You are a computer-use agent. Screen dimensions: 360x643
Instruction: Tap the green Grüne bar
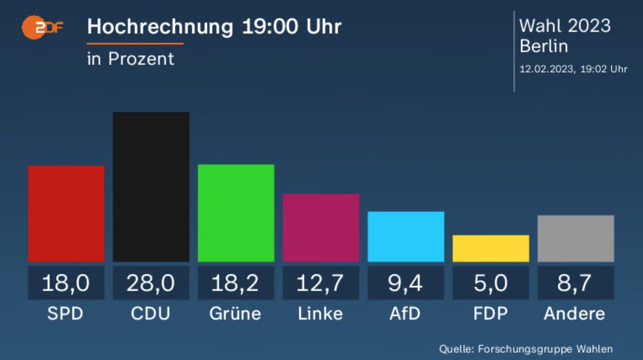(x=236, y=213)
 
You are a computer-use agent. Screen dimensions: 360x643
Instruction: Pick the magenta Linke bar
(x=320, y=228)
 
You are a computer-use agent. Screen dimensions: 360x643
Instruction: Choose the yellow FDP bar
(x=490, y=248)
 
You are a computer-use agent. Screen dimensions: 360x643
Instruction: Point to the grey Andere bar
(x=575, y=238)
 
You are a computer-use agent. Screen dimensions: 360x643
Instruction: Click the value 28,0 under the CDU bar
(x=151, y=283)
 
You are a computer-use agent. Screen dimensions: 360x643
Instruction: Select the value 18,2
(x=236, y=283)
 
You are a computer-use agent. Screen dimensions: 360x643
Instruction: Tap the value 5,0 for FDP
(x=490, y=283)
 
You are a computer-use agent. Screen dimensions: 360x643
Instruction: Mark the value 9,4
(x=406, y=283)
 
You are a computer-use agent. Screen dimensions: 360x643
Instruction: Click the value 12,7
(x=320, y=283)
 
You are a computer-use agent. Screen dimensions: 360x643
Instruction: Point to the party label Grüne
(x=235, y=313)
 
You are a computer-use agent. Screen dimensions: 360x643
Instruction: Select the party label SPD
(x=65, y=313)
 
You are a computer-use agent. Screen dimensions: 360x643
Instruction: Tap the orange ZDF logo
(x=42, y=27)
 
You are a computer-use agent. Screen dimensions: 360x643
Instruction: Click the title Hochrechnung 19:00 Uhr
(x=214, y=27)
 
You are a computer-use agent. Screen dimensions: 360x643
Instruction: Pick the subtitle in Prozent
(x=131, y=58)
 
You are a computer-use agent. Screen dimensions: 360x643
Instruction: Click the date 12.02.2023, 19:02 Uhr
(x=573, y=69)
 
